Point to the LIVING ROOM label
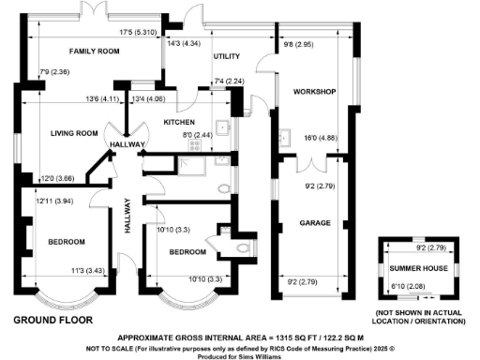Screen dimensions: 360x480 click(x=74, y=133)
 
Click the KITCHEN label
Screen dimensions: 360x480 click(x=178, y=123)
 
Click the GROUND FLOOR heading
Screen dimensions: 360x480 click(x=53, y=320)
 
